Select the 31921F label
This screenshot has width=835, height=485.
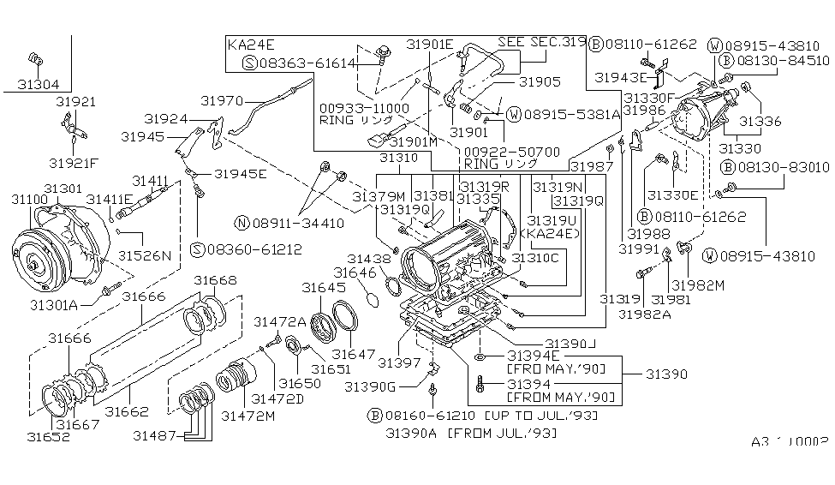click(x=74, y=162)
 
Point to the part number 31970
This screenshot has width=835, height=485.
click(x=222, y=99)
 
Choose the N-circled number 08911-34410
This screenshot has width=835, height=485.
click(x=296, y=223)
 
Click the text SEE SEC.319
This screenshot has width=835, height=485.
click(x=549, y=42)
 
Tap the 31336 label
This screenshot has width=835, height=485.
click(x=760, y=122)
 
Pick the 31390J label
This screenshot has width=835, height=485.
click(x=570, y=343)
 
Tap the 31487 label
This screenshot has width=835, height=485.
click(x=155, y=435)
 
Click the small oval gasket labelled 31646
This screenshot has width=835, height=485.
click(x=372, y=300)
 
